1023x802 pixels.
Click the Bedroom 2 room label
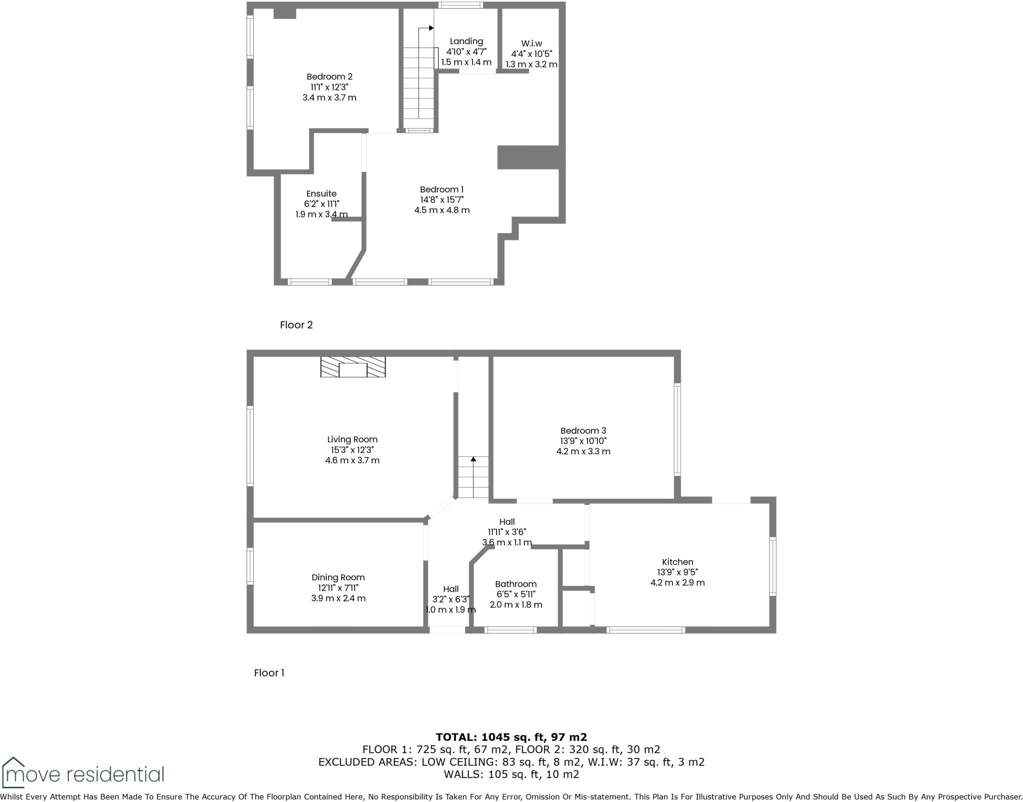(329, 76)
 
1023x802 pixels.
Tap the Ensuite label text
(321, 193)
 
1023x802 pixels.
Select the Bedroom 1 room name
(442, 189)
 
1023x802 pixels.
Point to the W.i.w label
(531, 43)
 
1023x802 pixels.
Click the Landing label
(466, 41)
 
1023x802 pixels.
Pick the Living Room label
(352, 440)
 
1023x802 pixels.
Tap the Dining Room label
(338, 577)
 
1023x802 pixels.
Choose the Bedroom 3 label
(583, 431)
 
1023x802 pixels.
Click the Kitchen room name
(677, 562)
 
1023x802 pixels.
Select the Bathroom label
(515, 584)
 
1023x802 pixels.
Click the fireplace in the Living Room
(353, 367)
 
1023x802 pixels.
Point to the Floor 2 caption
(296, 325)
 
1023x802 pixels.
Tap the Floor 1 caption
(269, 673)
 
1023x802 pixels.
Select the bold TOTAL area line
(511, 737)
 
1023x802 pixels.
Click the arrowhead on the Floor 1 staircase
(473, 459)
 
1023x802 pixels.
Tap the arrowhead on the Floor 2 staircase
(431, 28)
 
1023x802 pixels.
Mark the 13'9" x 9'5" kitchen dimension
(677, 572)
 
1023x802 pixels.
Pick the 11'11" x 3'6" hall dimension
(507, 532)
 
